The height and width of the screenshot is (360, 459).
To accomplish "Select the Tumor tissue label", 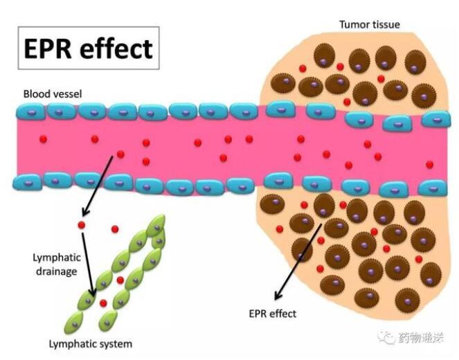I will coord(369,25).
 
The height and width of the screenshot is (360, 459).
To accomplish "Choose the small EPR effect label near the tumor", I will coord(272,314).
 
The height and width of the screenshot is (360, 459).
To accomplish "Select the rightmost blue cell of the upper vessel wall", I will coord(435,119).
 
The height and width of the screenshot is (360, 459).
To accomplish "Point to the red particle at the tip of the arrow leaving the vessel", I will coord(81,225).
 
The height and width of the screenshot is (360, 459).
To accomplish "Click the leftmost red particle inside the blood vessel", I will coord(44,140).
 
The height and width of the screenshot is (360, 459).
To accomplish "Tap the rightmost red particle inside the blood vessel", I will coord(430,164).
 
